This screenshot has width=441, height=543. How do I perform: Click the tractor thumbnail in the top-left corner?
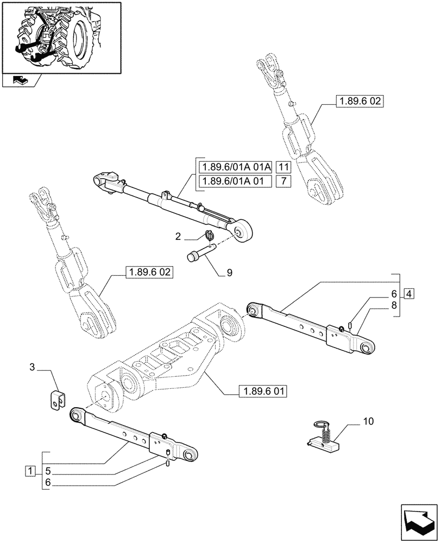(x=61, y=37)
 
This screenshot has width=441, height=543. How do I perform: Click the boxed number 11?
(x=283, y=167)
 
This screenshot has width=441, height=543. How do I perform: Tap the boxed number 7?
(x=283, y=181)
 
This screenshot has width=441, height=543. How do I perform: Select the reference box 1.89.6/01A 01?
(x=235, y=181)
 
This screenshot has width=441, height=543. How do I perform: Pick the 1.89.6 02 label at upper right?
(x=360, y=101)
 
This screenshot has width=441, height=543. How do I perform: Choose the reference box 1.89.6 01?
(x=262, y=391)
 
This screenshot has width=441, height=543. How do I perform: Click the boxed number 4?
(x=408, y=294)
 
